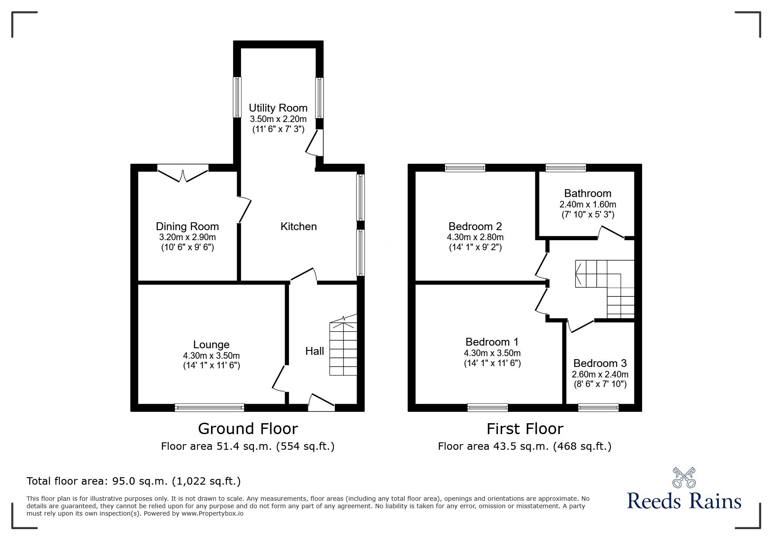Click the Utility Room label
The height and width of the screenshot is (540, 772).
tap(278, 108)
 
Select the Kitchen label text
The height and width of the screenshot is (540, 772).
tap(298, 226)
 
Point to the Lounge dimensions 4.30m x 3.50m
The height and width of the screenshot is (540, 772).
tap(211, 356)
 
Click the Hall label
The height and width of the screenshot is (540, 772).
tap(314, 351)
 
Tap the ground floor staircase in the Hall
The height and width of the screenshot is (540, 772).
tap(343, 349)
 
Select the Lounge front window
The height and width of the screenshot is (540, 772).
tap(209, 408)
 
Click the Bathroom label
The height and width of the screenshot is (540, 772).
tap(588, 193)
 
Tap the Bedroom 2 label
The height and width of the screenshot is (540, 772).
tap(475, 226)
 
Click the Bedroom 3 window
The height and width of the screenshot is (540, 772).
tap(598, 408)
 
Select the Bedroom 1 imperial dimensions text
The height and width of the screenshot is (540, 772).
tap(492, 363)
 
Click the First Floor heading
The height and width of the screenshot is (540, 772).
tap(525, 429)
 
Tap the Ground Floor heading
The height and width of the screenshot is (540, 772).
tap(248, 429)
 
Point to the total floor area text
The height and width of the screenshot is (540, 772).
tap(133, 481)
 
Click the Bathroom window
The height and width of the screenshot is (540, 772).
tap(566, 167)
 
